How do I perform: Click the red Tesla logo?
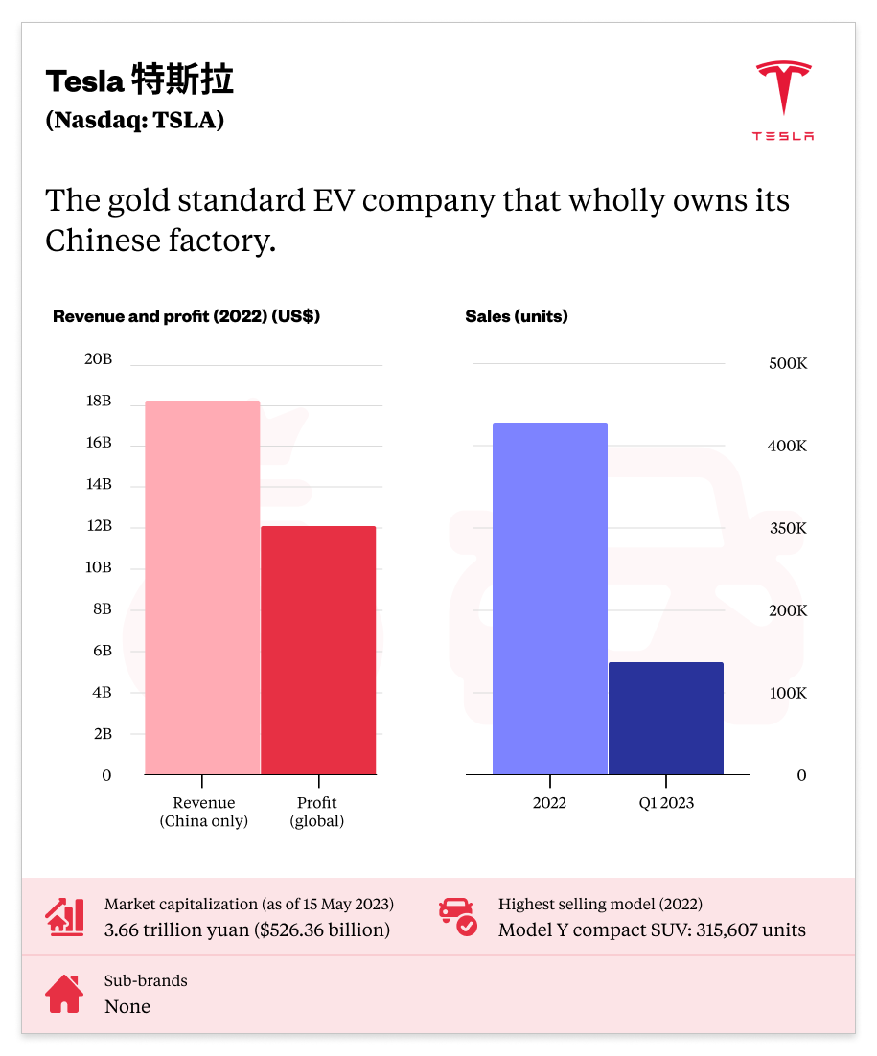click(783, 101)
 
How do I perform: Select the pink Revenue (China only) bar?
click(202, 586)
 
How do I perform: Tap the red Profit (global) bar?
click(318, 650)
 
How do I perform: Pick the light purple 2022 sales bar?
click(549, 598)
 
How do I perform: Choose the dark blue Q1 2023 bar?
click(666, 718)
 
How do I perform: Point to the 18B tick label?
click(99, 401)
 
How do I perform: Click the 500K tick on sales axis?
click(788, 364)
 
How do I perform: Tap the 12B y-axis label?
click(99, 526)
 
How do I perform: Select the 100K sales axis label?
click(788, 693)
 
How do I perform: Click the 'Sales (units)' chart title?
click(516, 316)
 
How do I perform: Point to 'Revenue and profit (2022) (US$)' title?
click(186, 316)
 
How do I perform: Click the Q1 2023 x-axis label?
click(666, 803)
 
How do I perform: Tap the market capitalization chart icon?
click(64, 917)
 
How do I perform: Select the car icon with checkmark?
click(457, 917)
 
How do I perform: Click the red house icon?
click(64, 994)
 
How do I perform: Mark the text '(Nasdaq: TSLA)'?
click(134, 121)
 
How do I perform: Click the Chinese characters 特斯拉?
click(182, 81)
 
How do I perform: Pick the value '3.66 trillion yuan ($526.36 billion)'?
click(247, 930)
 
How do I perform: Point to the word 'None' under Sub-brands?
click(127, 1006)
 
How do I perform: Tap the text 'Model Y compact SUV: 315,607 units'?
click(652, 930)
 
